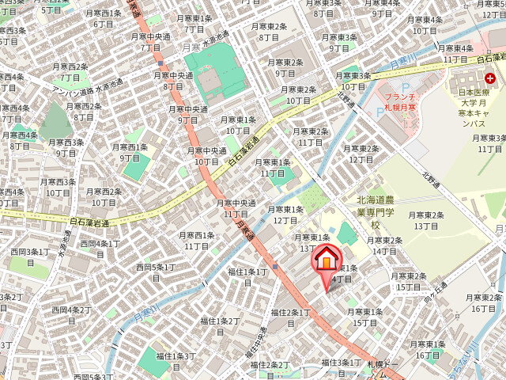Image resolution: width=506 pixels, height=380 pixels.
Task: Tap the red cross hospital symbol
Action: tap(491, 78)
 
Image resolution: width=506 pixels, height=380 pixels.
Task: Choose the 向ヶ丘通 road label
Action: tap(435, 294)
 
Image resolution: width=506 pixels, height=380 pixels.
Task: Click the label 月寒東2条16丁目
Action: tap(483, 302)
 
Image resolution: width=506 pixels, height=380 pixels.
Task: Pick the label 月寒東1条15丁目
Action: tap(365, 317)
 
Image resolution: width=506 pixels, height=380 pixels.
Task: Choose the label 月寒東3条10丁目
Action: tap(355, 81)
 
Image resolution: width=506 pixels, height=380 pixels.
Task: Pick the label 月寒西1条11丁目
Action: tap(196, 241)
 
